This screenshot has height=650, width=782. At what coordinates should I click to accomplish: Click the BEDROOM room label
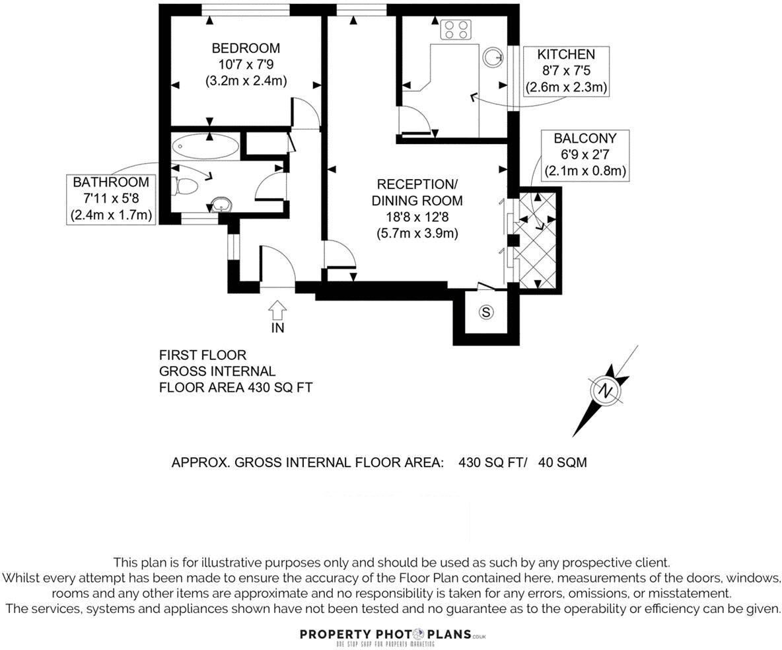click(x=245, y=48)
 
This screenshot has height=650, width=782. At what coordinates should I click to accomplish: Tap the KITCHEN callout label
click(x=566, y=55)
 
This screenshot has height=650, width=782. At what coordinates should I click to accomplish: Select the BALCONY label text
click(x=585, y=139)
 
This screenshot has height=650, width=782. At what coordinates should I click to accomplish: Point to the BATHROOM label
click(x=111, y=182)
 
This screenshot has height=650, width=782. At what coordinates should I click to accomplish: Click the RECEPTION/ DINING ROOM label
click(x=417, y=192)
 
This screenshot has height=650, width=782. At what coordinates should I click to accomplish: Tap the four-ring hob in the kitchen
click(x=456, y=29)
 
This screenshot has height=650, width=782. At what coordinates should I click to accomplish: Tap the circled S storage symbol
click(x=486, y=312)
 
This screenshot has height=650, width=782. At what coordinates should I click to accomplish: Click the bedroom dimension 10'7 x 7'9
click(x=245, y=65)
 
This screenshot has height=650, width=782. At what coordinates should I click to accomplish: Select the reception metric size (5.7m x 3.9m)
click(x=417, y=233)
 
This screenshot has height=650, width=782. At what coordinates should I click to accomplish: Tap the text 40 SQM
click(x=562, y=462)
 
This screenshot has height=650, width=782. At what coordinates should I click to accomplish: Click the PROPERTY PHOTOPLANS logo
click(x=392, y=635)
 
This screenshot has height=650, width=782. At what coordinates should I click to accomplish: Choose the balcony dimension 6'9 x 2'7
click(x=585, y=155)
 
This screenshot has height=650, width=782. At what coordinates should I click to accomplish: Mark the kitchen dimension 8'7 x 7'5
click(x=566, y=71)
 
